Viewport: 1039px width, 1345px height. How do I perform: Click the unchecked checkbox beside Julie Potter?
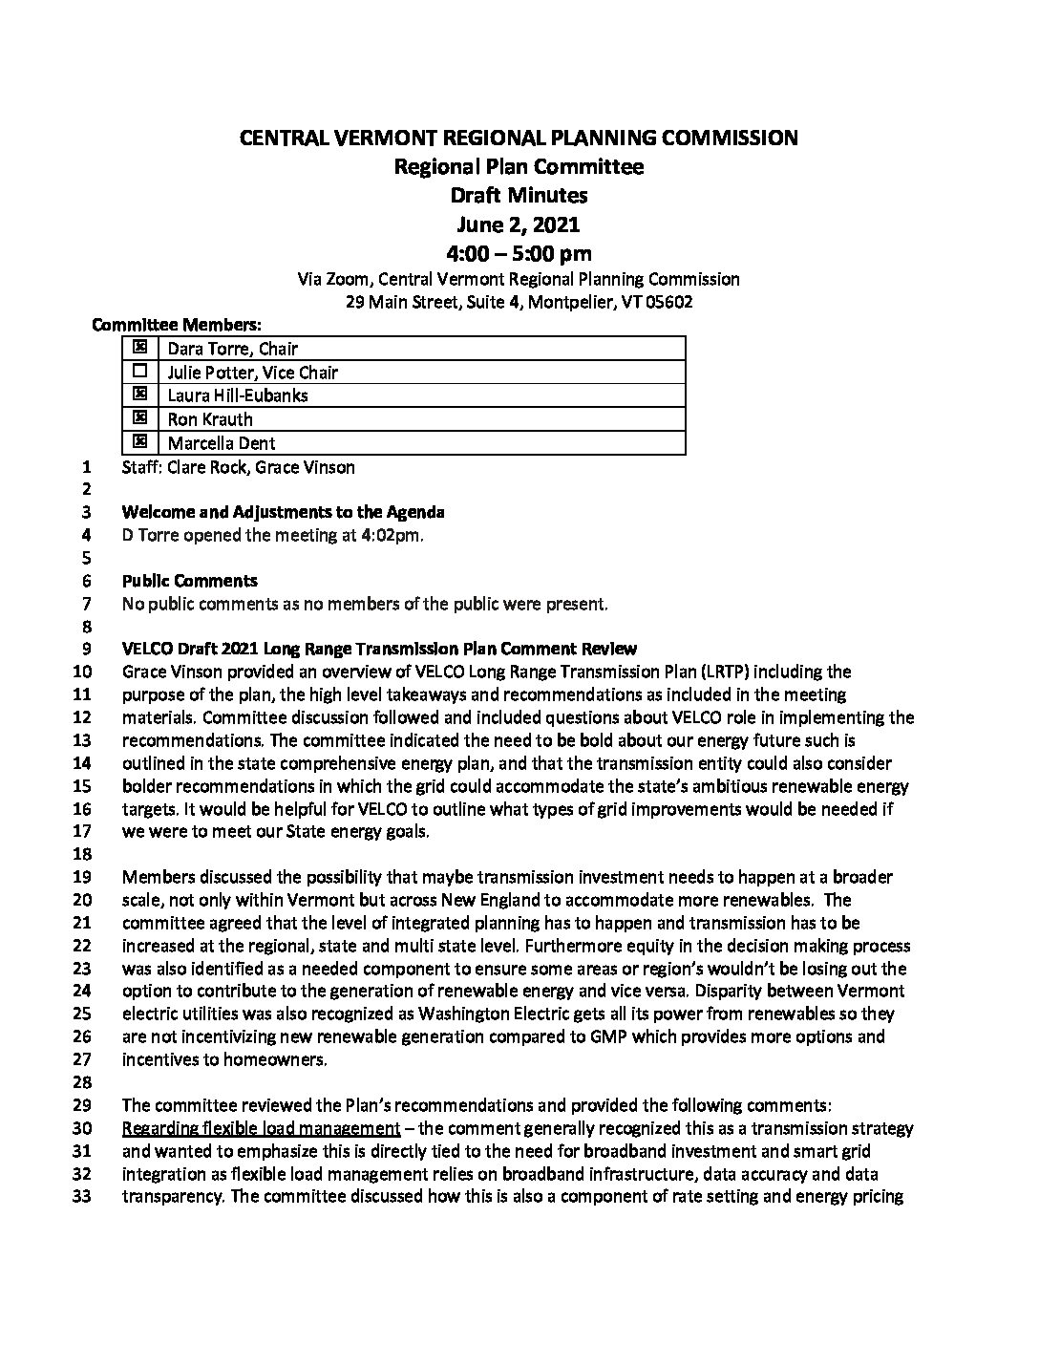tap(140, 372)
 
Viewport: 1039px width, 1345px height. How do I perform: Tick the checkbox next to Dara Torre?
tap(140, 349)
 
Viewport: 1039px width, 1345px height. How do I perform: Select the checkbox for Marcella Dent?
tap(140, 442)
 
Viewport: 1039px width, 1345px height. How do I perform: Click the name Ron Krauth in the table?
tap(210, 419)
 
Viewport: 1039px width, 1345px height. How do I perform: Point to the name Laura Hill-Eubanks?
tap(238, 395)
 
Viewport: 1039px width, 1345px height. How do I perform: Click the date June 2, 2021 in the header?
tap(518, 224)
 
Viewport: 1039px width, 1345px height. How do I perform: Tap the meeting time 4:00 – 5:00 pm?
tap(519, 253)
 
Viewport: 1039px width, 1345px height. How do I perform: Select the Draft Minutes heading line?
tap(519, 196)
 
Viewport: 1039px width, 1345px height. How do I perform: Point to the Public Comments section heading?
tap(190, 581)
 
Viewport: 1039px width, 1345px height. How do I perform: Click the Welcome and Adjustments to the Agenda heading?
tap(283, 512)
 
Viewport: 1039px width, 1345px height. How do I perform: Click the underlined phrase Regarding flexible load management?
tap(261, 1128)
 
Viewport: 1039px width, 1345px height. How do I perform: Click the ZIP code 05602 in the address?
tap(668, 302)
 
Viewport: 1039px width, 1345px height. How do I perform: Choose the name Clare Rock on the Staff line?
tap(206, 467)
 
